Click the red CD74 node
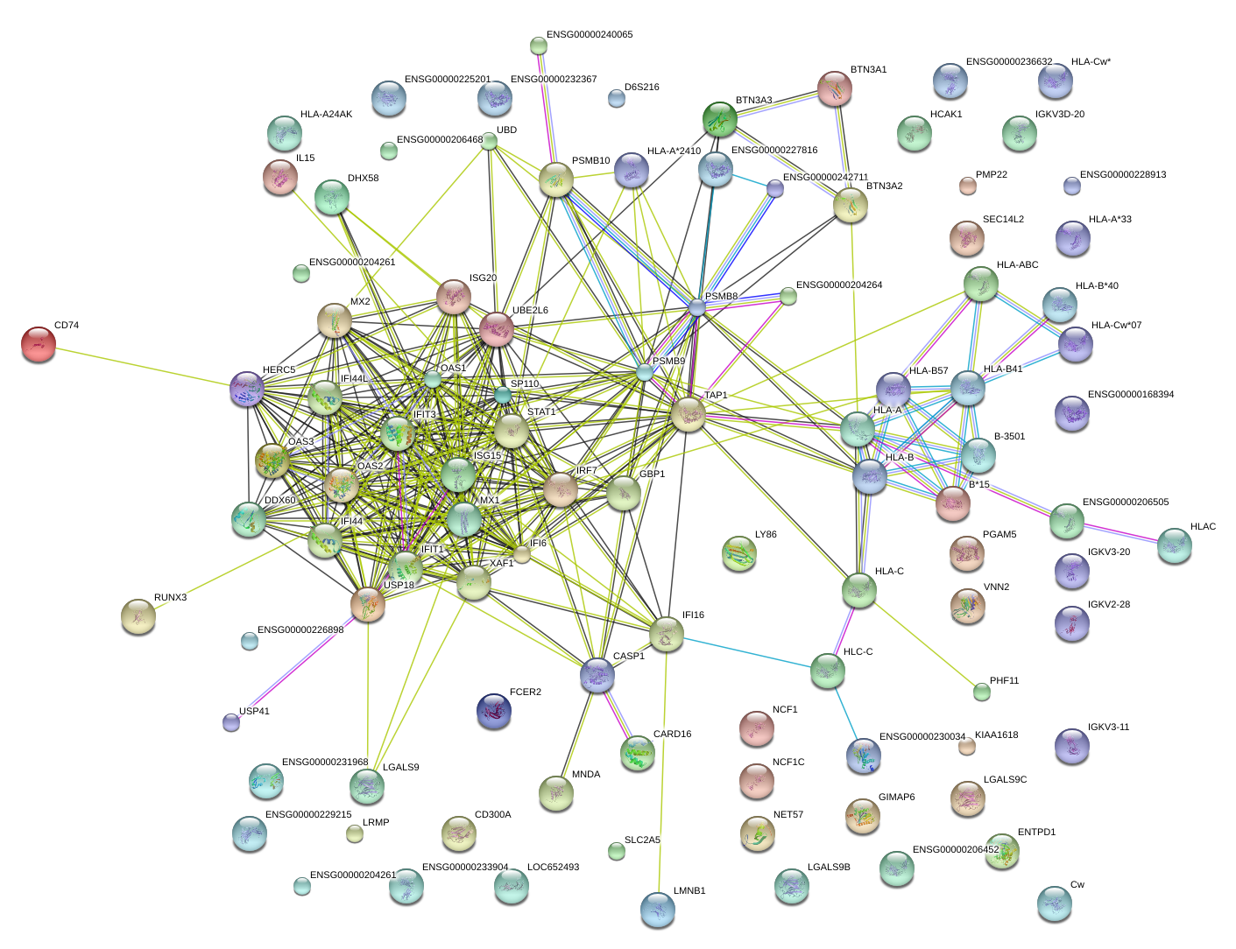(x=38, y=344)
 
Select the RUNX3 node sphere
(x=138, y=616)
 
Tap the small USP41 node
(x=231, y=722)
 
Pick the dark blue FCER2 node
(x=494, y=712)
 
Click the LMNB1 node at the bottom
(x=658, y=910)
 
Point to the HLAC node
(x=1174, y=545)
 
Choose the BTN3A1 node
(x=835, y=89)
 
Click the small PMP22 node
(x=967, y=185)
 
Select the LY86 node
(x=739, y=554)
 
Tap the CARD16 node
(x=638, y=754)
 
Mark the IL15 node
(x=280, y=177)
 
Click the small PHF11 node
(x=982, y=692)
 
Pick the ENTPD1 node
(x=1002, y=851)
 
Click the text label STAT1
(x=541, y=411)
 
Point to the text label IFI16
(x=693, y=615)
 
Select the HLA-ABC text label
(x=1017, y=264)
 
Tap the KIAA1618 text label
(x=996, y=735)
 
